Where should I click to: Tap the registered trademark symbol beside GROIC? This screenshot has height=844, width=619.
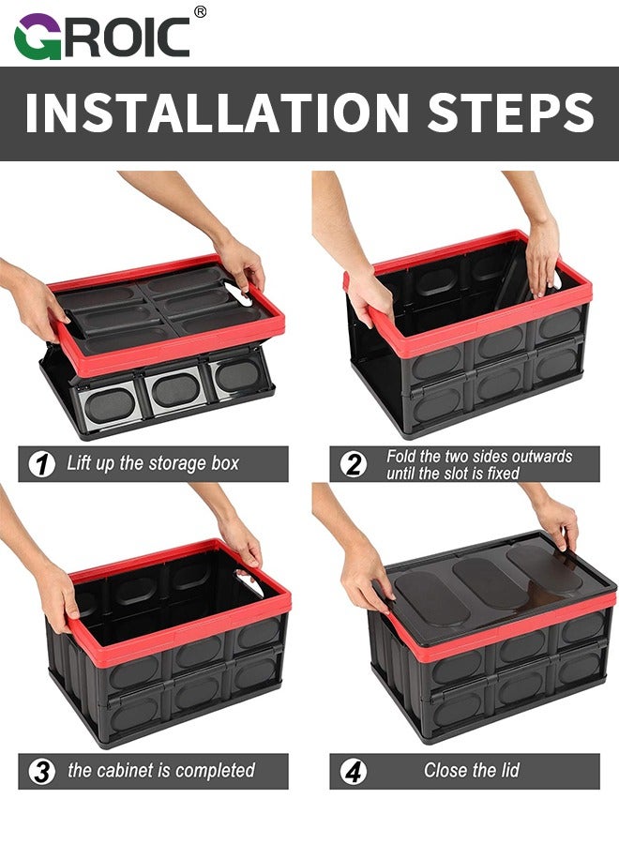[x=200, y=11]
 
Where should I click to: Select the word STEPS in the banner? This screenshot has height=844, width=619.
[x=510, y=112]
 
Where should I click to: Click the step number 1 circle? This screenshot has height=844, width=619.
[x=42, y=464]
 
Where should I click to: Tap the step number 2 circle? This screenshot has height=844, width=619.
[x=354, y=464]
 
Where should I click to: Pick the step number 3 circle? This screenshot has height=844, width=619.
[x=42, y=772]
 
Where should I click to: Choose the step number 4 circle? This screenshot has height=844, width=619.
[x=354, y=772]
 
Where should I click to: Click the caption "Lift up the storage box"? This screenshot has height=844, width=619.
[x=153, y=463]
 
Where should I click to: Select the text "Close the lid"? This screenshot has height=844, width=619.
[x=471, y=771]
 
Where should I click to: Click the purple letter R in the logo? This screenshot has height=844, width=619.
[x=74, y=37]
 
